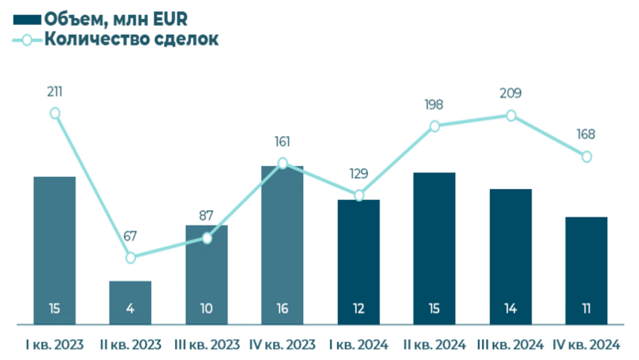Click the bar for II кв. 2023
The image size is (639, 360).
point(130,302)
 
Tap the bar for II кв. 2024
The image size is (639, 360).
point(434,248)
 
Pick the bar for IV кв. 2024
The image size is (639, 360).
point(586,270)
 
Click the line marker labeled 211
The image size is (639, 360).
point(55,114)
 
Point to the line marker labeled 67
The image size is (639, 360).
point(130,258)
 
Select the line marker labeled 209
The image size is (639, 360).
point(511,116)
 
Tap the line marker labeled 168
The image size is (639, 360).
point(586,157)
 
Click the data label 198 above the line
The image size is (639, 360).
point(434,105)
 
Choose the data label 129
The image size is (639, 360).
point(359,174)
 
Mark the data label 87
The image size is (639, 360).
point(206,216)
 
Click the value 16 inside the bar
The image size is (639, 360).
point(283,309)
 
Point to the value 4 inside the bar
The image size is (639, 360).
point(130,309)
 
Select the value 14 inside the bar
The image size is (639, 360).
point(511,309)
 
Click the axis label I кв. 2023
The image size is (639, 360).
point(55,344)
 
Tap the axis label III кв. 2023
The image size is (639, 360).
point(207,344)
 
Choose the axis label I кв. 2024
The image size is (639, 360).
point(359,344)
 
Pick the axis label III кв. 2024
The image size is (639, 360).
point(511,344)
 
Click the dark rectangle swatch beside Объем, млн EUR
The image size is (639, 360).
point(27,20)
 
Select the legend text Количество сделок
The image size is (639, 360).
point(131,39)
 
